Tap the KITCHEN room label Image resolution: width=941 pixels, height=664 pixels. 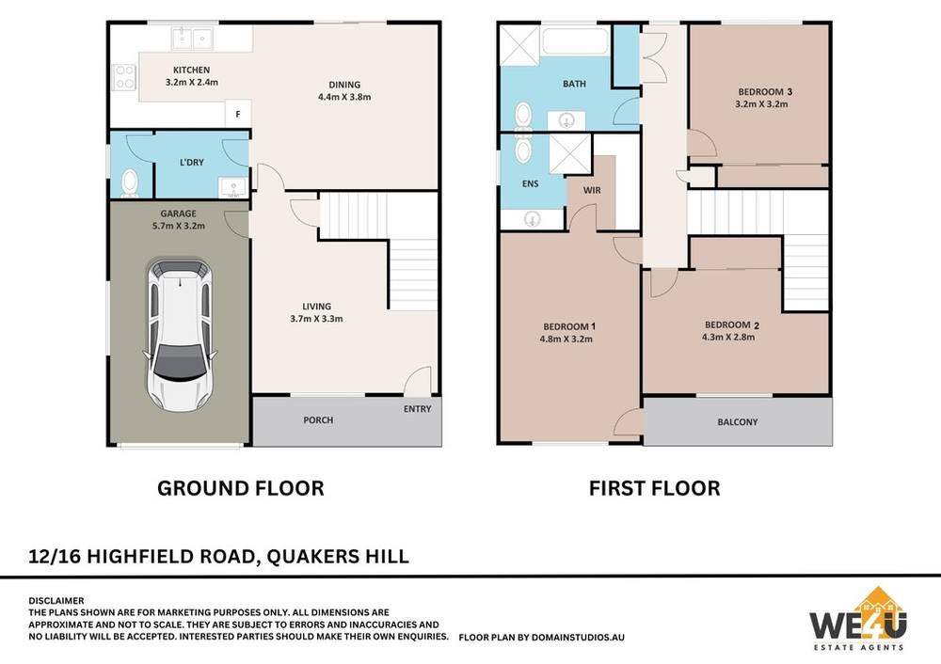pyautogui.click(x=190, y=71)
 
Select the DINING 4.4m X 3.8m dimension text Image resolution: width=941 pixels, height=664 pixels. pyautogui.click(x=344, y=96)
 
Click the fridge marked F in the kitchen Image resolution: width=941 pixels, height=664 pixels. pyautogui.click(x=238, y=114)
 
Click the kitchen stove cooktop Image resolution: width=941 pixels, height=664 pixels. pyautogui.click(x=123, y=77)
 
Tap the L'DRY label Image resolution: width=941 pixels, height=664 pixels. pyautogui.click(x=192, y=163)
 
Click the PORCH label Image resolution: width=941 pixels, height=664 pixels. pyautogui.click(x=318, y=419)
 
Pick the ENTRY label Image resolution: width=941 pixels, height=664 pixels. pyautogui.click(x=417, y=409)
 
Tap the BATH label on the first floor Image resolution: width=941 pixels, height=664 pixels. pyautogui.click(x=574, y=84)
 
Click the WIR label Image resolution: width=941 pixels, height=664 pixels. pyautogui.click(x=592, y=190)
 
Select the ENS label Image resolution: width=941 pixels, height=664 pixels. pyautogui.click(x=531, y=184)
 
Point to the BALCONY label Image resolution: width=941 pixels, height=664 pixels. pyautogui.click(x=738, y=422)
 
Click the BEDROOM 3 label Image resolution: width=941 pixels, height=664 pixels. pyautogui.click(x=764, y=91)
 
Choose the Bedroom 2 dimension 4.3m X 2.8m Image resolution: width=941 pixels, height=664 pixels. pyautogui.click(x=730, y=338)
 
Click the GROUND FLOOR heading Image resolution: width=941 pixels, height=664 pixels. pyautogui.click(x=240, y=488)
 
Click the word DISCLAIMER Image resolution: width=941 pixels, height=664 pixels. pyautogui.click(x=56, y=600)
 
